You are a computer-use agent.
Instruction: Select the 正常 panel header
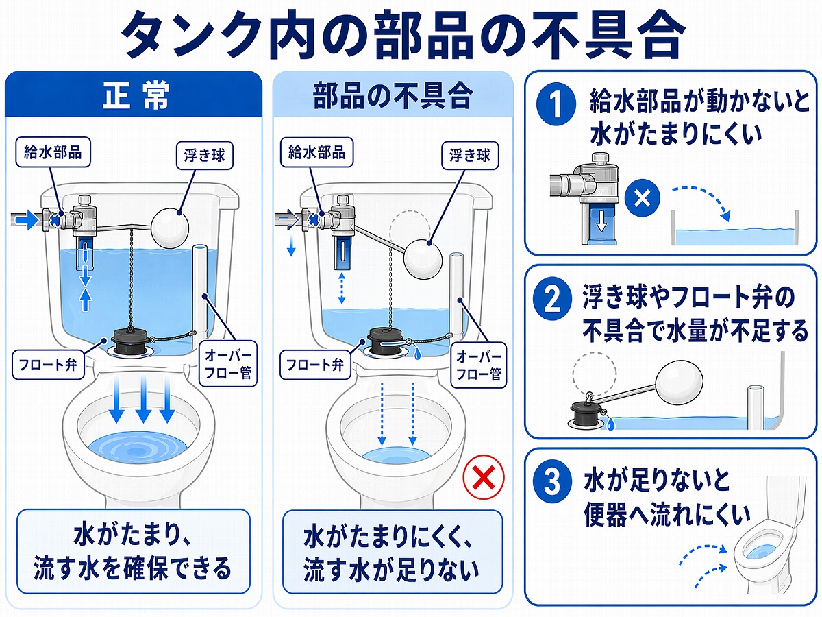coord(134,96)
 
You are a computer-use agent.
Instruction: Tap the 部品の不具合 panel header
coord(393,96)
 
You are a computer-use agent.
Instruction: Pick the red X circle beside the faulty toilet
coord(484,478)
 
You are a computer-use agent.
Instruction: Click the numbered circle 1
coord(553,105)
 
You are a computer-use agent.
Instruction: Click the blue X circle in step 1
coord(642,199)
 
